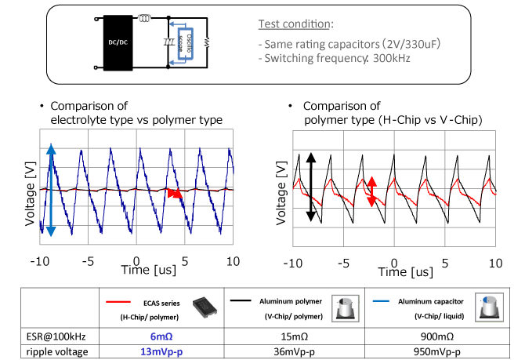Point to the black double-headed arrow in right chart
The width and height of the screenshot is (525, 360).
[x=310, y=187]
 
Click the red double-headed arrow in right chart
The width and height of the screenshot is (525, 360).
[x=371, y=191]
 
